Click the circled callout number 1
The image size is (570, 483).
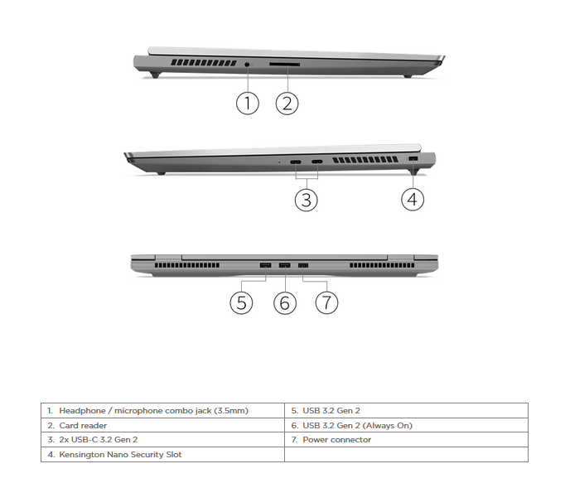(248, 104)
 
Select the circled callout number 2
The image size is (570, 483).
(287, 104)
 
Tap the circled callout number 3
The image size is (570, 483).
(306, 200)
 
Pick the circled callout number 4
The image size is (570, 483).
(413, 199)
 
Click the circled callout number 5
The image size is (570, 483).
(241, 302)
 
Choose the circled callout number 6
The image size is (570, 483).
(285, 302)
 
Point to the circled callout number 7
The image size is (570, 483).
(326, 302)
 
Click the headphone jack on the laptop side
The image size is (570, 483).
(248, 65)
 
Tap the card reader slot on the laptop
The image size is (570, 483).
(284, 65)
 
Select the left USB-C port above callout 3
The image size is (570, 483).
(296, 162)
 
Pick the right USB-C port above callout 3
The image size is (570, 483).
(317, 162)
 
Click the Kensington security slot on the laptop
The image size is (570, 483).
(413, 159)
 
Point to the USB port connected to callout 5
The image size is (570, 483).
(265, 265)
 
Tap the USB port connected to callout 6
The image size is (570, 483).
(285, 265)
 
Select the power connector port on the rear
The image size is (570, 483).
(303, 265)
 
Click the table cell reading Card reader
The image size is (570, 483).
(83, 426)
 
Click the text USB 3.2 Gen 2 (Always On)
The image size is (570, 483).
(357, 426)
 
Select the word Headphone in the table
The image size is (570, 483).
(82, 411)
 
